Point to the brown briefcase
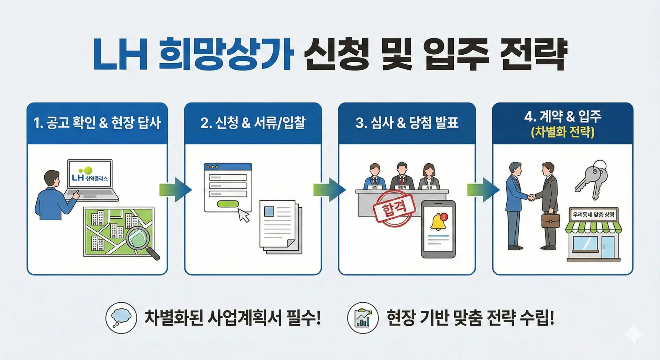[x=550, y=220]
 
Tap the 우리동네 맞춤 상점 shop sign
[x=593, y=215]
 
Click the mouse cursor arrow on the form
[x=244, y=215]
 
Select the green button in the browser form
[x=228, y=204]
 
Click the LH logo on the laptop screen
[x=78, y=177]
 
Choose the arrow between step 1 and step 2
[x=175, y=189]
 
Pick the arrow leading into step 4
[x=483, y=189]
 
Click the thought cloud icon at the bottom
[x=121, y=317]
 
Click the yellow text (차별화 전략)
[x=563, y=132]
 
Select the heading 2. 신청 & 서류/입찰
[x=253, y=123]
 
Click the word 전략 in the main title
[x=533, y=54]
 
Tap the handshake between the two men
[x=531, y=197]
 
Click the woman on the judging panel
[x=429, y=176]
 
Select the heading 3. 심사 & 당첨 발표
[x=407, y=123]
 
